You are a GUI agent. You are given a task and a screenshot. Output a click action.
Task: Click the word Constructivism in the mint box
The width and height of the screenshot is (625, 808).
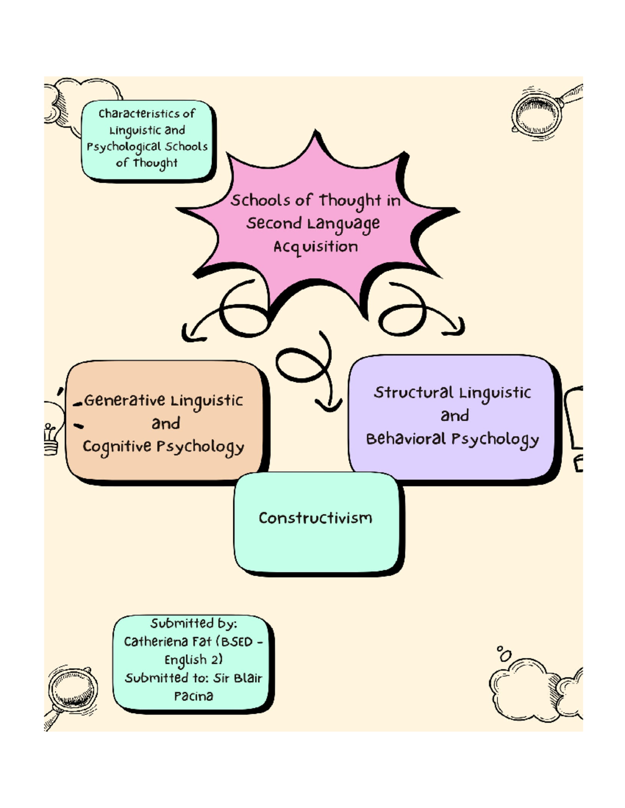coord(315,518)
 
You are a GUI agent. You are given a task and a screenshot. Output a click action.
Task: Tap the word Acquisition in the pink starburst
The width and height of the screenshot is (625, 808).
coord(316,247)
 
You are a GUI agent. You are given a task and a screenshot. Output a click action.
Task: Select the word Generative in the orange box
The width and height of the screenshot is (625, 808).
coord(124,401)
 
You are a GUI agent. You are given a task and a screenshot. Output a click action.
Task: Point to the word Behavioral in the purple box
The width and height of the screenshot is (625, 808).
coord(406,439)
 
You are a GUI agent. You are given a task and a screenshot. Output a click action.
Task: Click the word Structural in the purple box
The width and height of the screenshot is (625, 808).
coord(414,393)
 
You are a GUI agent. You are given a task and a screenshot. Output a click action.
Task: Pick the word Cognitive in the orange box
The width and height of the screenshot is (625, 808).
coord(117,447)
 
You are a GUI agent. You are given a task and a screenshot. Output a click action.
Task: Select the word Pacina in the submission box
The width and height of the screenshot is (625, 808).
coord(194,696)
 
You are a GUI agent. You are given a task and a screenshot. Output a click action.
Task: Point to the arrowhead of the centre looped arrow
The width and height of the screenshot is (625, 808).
coord(328,405)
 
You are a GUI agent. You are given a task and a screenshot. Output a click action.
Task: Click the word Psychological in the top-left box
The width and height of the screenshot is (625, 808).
coord(123,147)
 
